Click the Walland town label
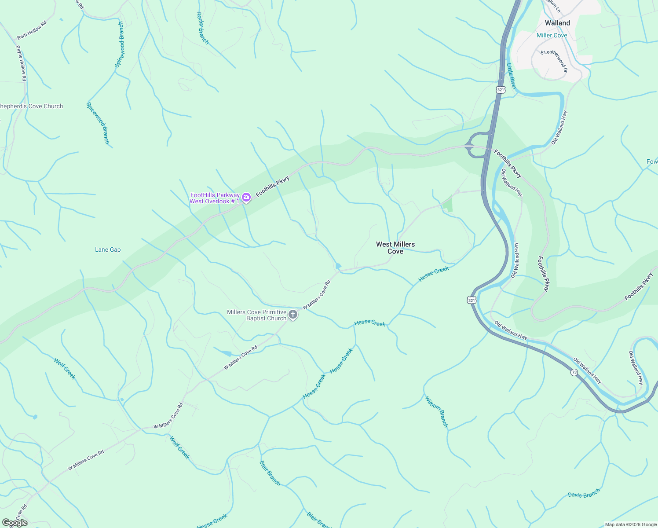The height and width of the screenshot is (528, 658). [557, 23]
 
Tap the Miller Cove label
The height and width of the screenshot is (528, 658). [552, 35]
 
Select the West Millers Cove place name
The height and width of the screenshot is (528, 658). [395, 248]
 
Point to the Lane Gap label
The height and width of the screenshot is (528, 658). [108, 249]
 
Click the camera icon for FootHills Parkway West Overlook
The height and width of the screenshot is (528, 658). [246, 198]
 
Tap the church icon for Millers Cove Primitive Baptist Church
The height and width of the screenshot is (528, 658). [293, 315]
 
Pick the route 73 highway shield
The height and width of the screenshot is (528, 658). [574, 372]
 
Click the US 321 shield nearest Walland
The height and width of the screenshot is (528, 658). [501, 90]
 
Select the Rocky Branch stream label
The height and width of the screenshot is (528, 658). [202, 28]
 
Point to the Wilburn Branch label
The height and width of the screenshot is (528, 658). [436, 412]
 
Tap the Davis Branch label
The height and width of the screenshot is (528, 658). [584, 494]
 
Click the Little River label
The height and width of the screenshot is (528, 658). [511, 76]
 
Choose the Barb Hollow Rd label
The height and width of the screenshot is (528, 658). [32, 30]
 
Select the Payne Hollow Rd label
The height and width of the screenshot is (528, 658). [22, 63]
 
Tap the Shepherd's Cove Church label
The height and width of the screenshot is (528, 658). [31, 106]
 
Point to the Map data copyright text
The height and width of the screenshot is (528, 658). [630, 524]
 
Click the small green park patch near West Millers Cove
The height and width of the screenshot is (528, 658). [447, 205]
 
